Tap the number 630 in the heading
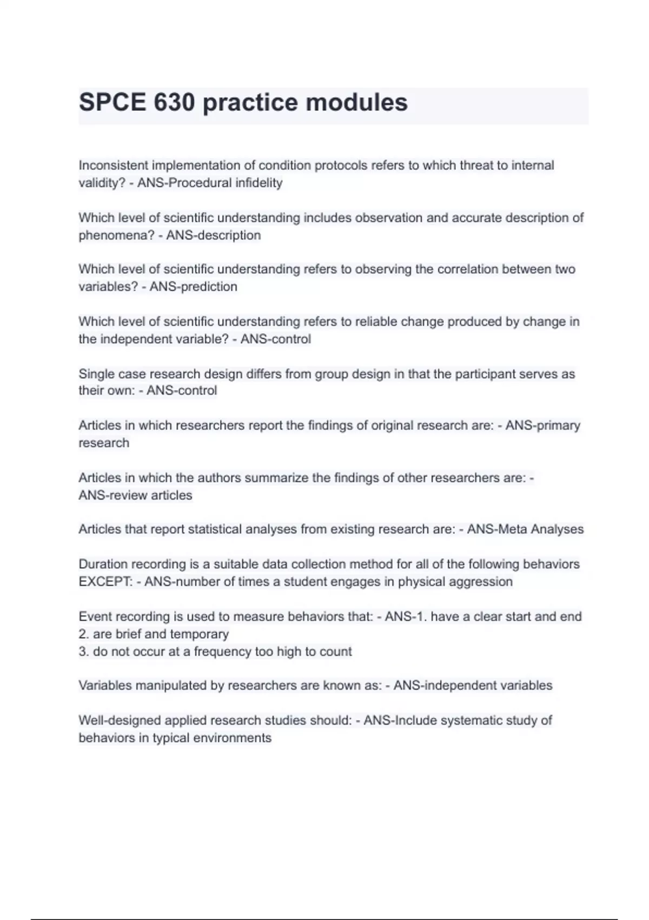click(x=174, y=102)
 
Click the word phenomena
click(x=115, y=235)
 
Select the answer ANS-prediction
click(x=193, y=287)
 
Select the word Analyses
click(x=557, y=529)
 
